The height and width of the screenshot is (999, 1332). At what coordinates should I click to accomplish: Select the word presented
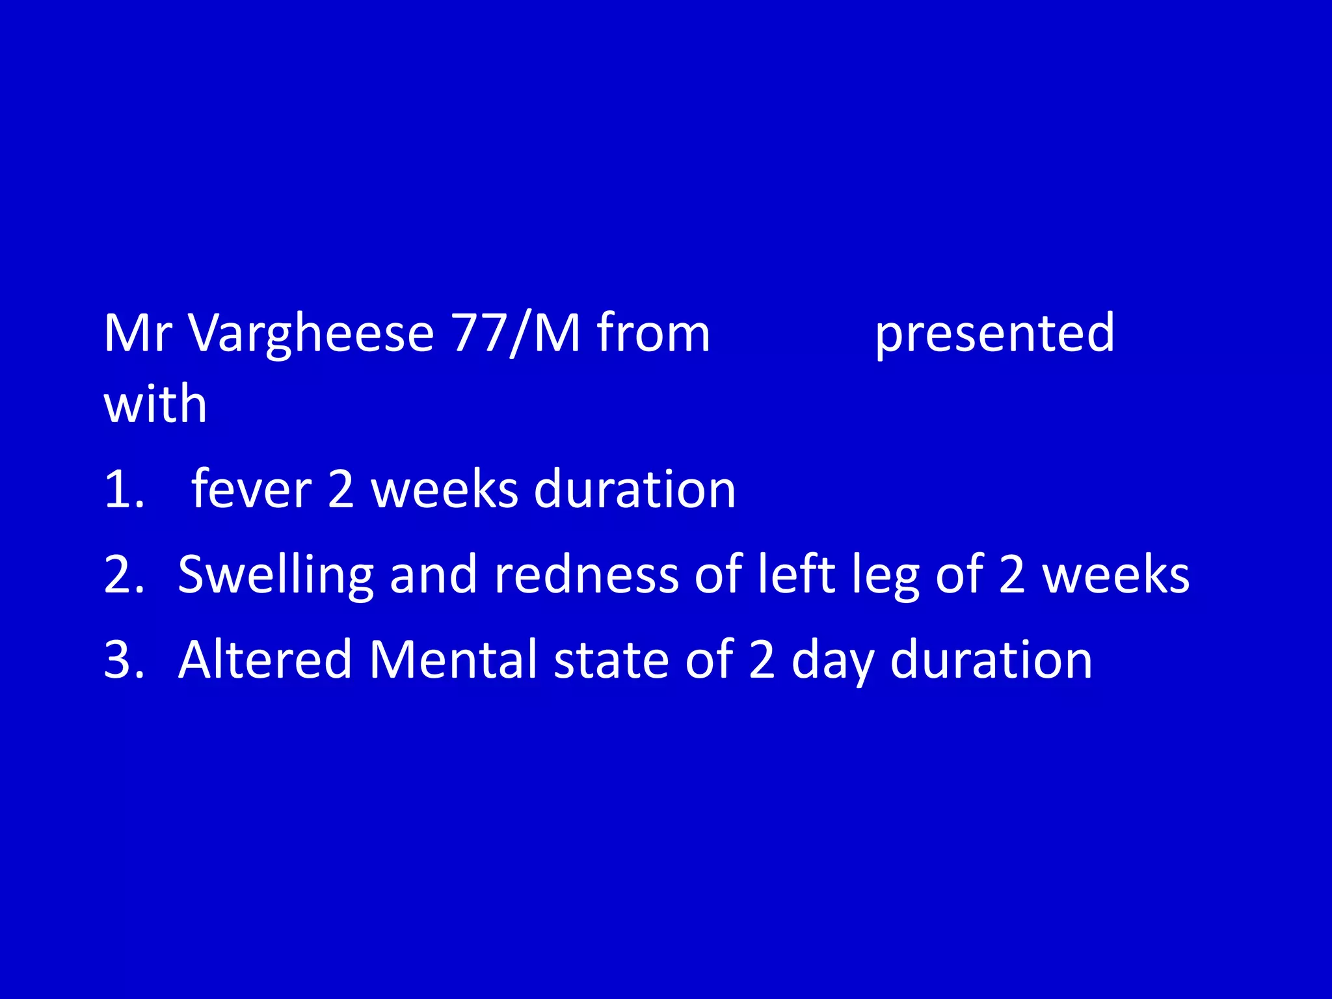click(994, 334)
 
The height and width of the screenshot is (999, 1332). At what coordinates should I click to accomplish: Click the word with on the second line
click(155, 404)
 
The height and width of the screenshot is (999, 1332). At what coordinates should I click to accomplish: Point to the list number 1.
click(124, 489)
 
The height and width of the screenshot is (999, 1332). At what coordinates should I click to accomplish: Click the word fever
click(251, 489)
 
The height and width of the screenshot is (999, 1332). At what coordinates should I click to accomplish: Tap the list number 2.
click(124, 575)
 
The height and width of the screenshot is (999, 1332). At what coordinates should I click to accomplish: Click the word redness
click(586, 575)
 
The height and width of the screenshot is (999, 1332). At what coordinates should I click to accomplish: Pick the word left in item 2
click(797, 575)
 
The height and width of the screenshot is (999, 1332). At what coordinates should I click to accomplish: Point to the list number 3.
click(124, 660)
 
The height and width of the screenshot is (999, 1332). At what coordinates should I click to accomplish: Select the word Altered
click(265, 660)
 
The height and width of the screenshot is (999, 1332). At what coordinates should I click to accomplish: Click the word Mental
click(453, 660)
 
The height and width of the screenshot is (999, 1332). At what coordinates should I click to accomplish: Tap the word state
click(611, 660)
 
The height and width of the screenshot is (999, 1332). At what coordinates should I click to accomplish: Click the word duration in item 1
click(634, 489)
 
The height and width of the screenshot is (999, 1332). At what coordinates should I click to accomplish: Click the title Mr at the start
click(137, 334)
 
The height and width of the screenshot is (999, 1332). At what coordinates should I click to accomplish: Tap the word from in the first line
click(653, 334)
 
